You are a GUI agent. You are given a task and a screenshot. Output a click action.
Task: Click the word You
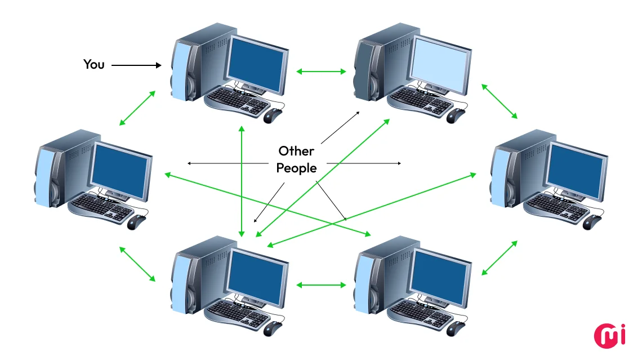94,64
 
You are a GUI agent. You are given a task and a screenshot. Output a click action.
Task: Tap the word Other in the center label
296,151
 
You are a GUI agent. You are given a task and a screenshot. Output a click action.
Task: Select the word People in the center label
296,168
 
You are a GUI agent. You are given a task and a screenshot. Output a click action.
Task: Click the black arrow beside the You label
136,65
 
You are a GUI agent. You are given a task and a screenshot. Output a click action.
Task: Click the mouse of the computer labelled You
272,115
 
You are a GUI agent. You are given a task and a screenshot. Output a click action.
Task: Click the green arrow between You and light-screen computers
321,72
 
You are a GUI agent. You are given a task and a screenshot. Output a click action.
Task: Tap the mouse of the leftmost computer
136,222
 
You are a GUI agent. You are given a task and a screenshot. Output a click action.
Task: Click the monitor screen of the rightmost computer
576,170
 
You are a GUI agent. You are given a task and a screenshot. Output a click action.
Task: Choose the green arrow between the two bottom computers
321,285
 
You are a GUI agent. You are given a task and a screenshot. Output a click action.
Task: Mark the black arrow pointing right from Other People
364,163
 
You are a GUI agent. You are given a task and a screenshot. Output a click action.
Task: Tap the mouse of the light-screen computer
456,115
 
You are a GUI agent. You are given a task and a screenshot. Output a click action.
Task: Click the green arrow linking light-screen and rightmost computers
500,101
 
